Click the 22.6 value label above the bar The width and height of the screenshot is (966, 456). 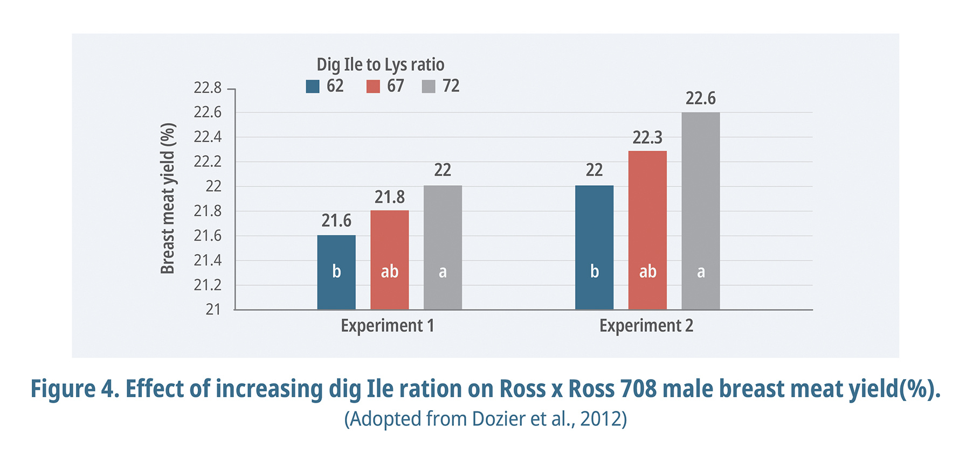click(700, 99)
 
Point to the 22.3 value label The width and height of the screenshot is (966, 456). click(647, 138)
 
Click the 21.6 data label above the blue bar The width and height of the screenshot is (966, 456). click(336, 221)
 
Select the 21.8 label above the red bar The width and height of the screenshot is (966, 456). click(389, 197)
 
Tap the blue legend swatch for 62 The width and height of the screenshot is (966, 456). click(313, 86)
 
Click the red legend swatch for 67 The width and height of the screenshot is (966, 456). click(373, 86)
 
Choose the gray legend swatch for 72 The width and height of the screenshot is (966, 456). click(429, 86)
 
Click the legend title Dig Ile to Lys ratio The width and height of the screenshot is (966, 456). click(380, 65)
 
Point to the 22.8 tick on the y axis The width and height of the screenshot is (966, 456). click(208, 88)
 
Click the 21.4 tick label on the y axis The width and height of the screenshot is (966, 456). click(208, 261)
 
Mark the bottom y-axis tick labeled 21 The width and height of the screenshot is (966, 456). click(213, 310)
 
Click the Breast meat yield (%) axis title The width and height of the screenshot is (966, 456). click(168, 198)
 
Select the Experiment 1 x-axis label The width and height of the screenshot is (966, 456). click(387, 326)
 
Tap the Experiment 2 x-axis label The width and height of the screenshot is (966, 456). click(646, 326)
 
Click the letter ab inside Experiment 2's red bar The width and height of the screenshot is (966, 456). click(647, 271)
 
